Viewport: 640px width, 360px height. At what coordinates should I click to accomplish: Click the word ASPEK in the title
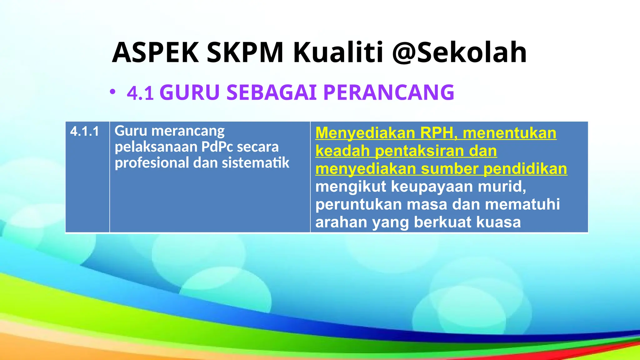(155, 52)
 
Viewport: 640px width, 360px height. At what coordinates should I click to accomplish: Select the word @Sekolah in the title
(459, 52)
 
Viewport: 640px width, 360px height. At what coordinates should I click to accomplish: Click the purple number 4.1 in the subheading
(140, 93)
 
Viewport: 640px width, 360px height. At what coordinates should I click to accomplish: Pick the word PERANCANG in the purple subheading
(388, 92)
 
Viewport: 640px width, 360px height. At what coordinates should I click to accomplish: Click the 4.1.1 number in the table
(84, 131)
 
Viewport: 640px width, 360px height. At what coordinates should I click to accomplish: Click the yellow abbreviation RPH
(438, 133)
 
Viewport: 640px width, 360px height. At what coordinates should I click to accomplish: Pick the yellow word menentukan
(509, 133)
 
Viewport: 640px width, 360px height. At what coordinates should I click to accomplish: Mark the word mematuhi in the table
(522, 204)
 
